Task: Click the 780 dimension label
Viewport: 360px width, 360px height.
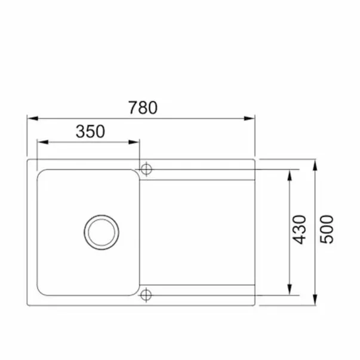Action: [x=143, y=107]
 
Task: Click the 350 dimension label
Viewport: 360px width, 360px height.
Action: [x=91, y=131]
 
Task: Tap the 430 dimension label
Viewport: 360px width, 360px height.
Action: [x=299, y=230]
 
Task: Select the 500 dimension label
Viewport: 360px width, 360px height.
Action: [x=327, y=229]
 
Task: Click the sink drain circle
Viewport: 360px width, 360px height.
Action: [x=101, y=232]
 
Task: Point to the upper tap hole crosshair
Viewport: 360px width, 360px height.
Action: [x=146, y=170]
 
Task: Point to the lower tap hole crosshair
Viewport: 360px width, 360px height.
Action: [x=146, y=295]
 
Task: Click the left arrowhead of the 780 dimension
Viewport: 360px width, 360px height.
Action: [x=33, y=118]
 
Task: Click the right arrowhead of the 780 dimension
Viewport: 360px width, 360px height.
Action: [x=250, y=118]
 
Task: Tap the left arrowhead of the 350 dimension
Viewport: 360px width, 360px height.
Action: [x=43, y=142]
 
